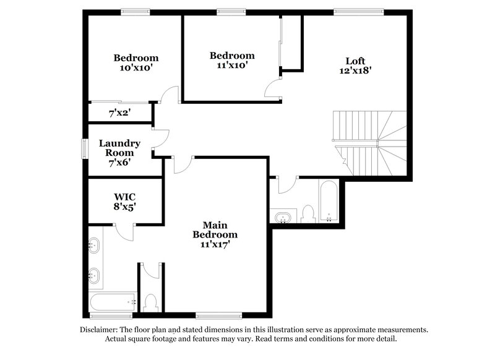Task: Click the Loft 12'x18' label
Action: tap(355, 66)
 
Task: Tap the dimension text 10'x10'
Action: tap(136, 68)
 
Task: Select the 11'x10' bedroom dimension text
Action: tap(231, 66)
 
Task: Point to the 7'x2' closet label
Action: tap(120, 113)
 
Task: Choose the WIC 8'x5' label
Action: tap(120, 202)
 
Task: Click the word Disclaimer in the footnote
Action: tap(103, 330)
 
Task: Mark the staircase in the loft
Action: tap(370, 142)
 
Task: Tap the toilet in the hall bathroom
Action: tap(308, 214)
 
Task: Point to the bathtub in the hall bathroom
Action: tap(329, 200)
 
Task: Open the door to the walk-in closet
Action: tap(126, 232)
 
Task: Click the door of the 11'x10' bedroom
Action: tap(273, 89)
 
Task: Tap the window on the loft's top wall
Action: tap(358, 11)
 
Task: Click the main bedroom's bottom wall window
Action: tap(218, 315)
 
